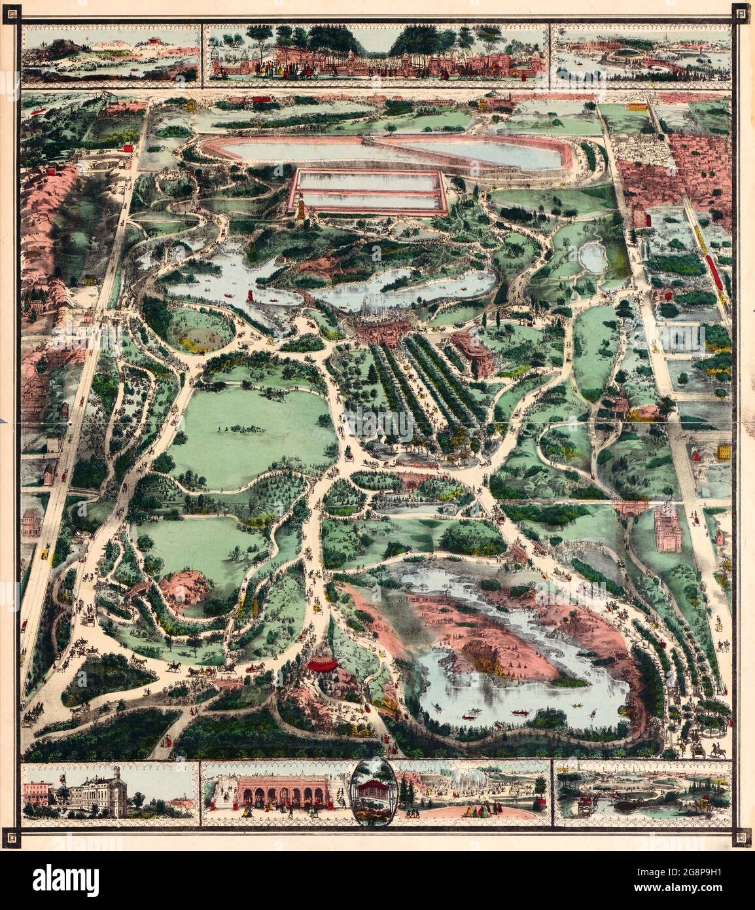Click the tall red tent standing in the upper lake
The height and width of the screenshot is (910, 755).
click(x=251, y=297)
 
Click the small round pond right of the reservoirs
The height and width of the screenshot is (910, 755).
click(x=592, y=256)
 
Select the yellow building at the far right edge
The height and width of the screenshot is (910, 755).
click(x=724, y=451)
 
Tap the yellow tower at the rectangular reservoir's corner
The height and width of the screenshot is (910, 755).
click(x=300, y=211)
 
